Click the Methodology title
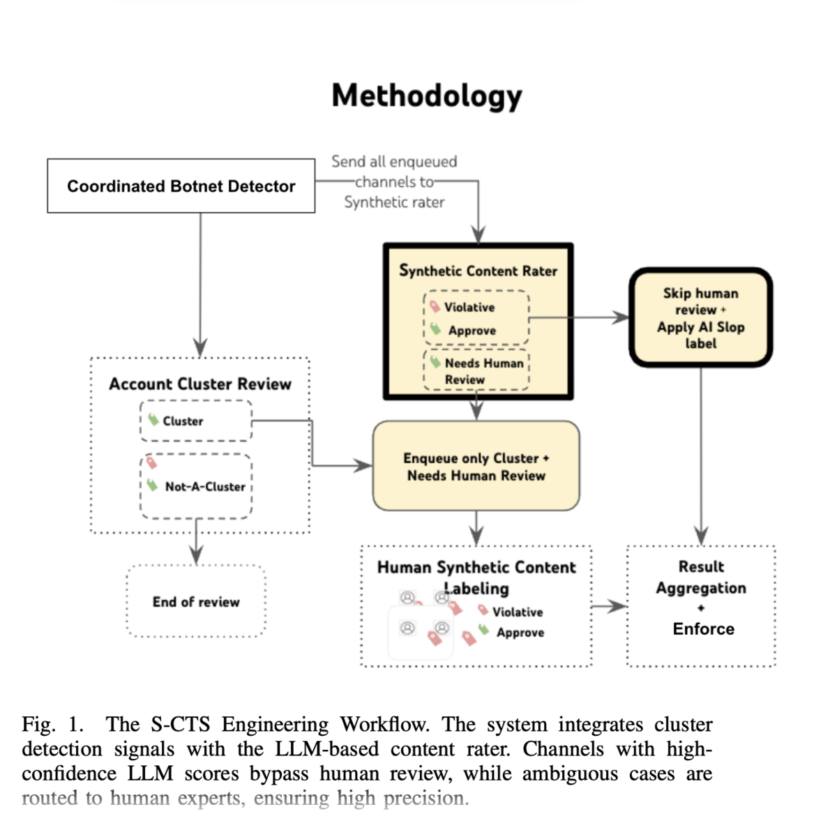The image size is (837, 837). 427,96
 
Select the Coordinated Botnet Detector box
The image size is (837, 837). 181,186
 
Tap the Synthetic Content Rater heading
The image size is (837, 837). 478,271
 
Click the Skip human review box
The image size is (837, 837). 700,317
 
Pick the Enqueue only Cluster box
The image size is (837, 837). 476,466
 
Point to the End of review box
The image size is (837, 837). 196,601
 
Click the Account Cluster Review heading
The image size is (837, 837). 199,384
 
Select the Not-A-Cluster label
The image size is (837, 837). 205,486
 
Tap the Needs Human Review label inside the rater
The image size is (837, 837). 484,371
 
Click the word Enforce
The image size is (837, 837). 703,628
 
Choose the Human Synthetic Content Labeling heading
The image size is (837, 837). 476,578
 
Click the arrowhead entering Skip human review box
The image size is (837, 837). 621,317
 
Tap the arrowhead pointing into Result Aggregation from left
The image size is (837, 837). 619,606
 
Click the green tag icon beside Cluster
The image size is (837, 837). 153,419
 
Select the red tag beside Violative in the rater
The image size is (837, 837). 435,306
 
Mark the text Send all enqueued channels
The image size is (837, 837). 394,172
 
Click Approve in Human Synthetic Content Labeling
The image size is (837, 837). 520,633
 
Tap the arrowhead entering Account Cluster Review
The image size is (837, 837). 200,348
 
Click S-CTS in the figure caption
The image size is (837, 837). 181,725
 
